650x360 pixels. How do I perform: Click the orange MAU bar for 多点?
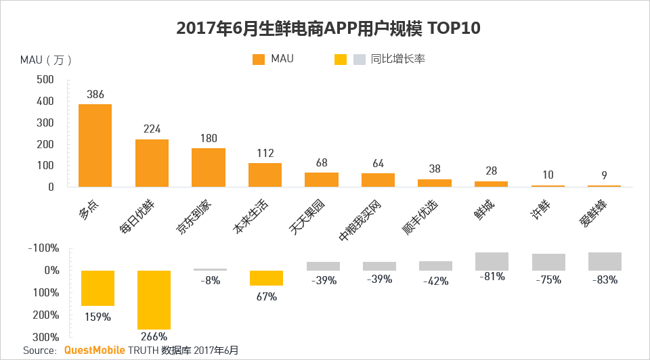pos(95,145)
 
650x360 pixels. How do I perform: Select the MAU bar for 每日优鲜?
pos(152,163)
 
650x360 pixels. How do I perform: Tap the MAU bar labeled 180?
pos(208,167)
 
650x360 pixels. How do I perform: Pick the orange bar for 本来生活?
pos(265,175)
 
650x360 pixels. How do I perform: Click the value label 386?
pos(95,95)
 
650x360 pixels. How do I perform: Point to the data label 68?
pos(321,163)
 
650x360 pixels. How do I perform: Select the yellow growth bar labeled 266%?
pos(154,300)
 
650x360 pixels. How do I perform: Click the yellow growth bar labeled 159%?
pos(97,288)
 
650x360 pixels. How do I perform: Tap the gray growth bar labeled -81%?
pos(492,261)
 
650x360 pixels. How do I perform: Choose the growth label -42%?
pos(435,281)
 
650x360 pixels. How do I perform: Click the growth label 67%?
pos(267,296)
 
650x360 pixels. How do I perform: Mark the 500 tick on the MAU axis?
pos(45,79)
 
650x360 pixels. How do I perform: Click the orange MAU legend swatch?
pos(258,60)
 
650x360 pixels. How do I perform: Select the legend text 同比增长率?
pos(398,60)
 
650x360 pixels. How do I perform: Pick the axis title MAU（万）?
pos(46,60)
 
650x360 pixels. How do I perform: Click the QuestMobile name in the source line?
pos(94,351)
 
